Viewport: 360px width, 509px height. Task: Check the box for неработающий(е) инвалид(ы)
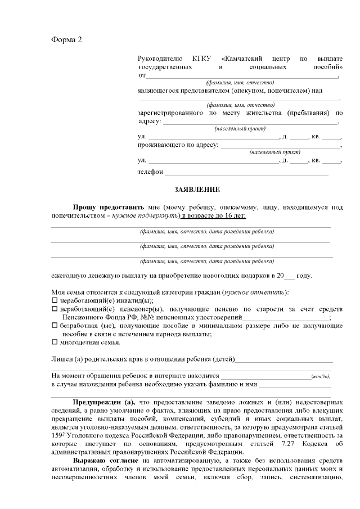click(55, 301)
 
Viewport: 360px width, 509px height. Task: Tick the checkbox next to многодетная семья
click(55, 342)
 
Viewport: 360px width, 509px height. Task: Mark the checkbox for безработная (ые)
click(55, 326)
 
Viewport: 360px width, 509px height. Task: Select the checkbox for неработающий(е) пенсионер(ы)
click(55, 309)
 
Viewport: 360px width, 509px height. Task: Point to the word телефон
click(150, 172)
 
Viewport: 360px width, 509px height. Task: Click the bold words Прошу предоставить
click(108, 207)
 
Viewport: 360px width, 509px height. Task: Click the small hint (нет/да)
click(321, 376)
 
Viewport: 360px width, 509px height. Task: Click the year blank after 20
click(289, 277)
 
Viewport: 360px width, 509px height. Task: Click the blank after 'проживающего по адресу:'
click(280, 146)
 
